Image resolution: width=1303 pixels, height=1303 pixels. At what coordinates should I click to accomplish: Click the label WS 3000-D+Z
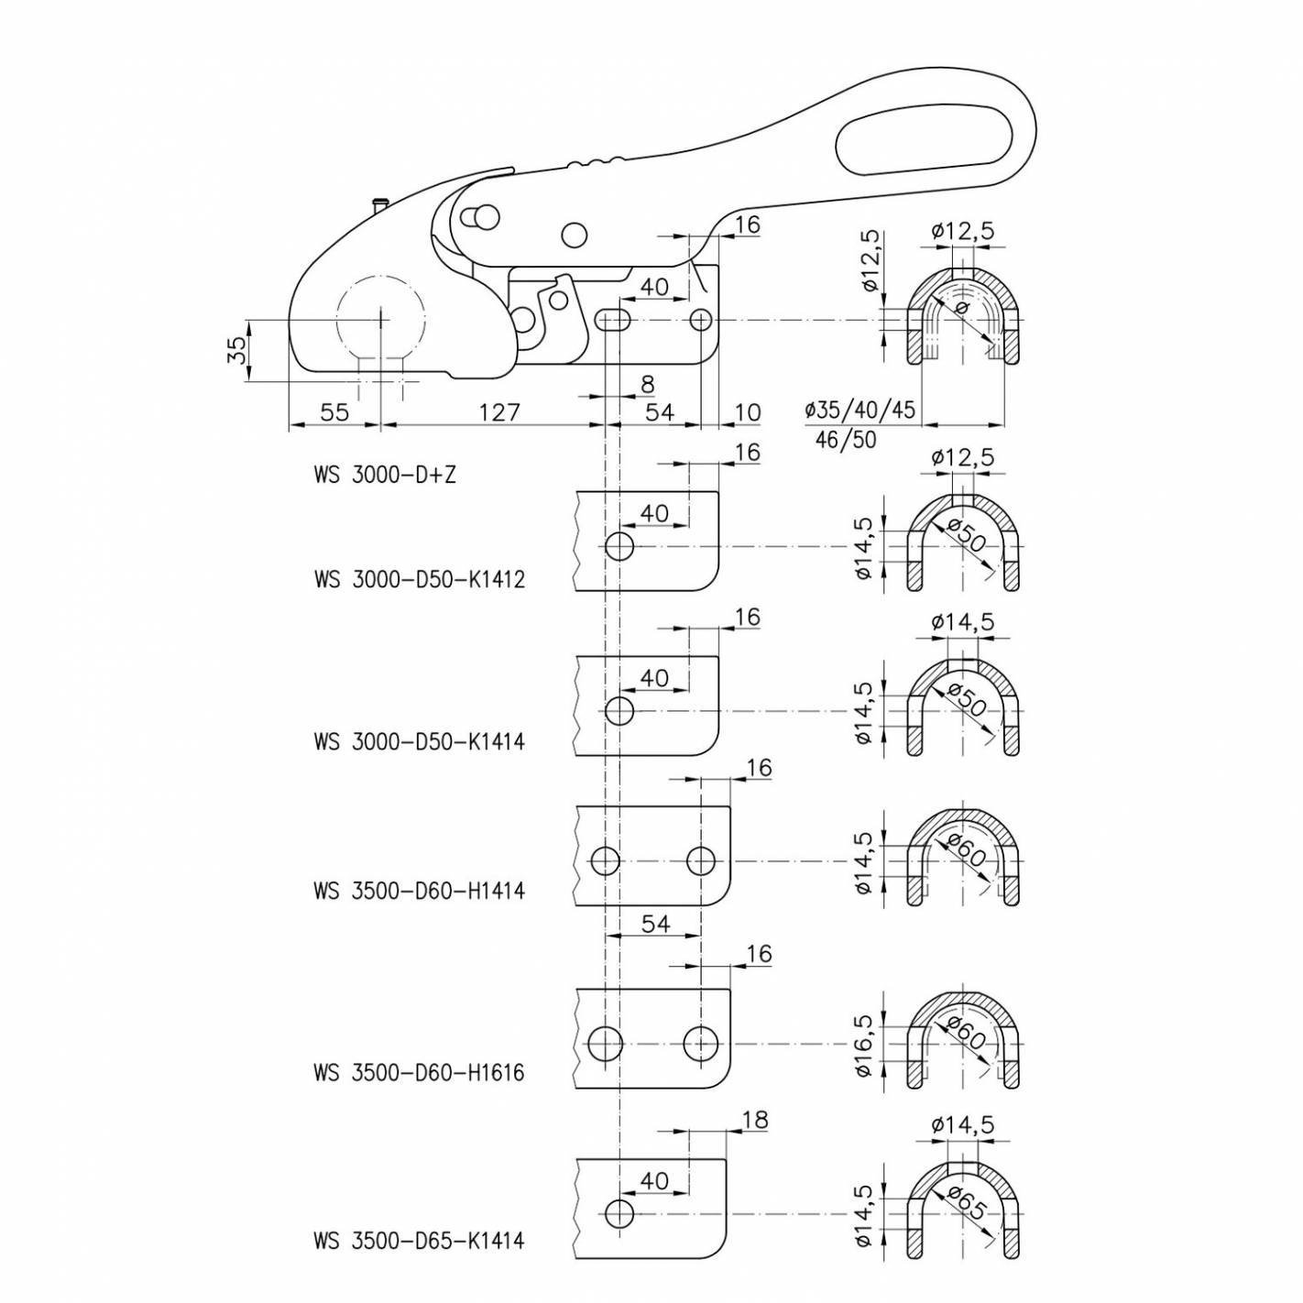pyautogui.click(x=384, y=476)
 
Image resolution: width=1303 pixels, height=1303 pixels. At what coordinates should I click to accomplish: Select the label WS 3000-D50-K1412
pyautogui.click(x=419, y=580)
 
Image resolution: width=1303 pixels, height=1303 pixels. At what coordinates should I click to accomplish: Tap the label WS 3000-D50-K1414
pyautogui.click(x=419, y=741)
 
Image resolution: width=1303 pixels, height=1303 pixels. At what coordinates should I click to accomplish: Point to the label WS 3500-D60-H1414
pyautogui.click(x=419, y=890)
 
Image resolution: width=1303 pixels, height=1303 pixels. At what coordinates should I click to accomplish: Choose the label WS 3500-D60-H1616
pyautogui.click(x=419, y=1072)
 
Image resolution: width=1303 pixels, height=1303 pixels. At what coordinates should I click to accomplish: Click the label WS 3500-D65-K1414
pyautogui.click(x=419, y=1241)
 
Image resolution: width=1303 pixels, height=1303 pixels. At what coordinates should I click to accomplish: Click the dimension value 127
pyautogui.click(x=498, y=412)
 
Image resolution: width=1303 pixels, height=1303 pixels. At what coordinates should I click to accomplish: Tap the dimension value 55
pyautogui.click(x=334, y=412)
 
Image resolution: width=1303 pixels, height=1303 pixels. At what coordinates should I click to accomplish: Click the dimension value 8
pyautogui.click(x=648, y=384)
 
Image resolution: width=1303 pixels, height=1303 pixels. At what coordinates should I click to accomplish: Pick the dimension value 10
pyautogui.click(x=748, y=412)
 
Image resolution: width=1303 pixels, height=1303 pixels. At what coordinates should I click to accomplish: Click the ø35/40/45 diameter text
pyautogui.click(x=860, y=410)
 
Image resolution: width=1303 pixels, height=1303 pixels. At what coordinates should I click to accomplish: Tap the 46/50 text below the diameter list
pyautogui.click(x=845, y=440)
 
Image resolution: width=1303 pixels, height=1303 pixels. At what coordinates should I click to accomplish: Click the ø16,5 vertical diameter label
pyautogui.click(x=863, y=1045)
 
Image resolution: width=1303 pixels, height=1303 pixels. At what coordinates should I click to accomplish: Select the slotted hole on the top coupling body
pyautogui.click(x=613, y=320)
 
